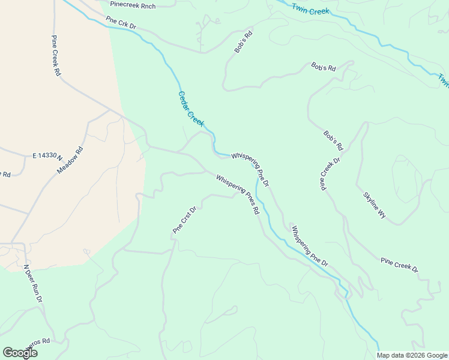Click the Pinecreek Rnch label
pos(133,5)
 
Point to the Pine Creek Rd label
pos(56,55)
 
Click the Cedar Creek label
pos(191,109)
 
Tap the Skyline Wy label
pos(374,205)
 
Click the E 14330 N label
pos(47,155)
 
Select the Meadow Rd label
pos(69,160)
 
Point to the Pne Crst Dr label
pos(185,220)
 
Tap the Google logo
pos(19,353)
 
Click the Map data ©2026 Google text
pos(412,355)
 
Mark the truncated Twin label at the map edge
pos(443,80)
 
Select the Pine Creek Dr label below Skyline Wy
pos(399,265)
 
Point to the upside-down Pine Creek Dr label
pos(330,174)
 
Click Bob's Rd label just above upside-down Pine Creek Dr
pos(333,140)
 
